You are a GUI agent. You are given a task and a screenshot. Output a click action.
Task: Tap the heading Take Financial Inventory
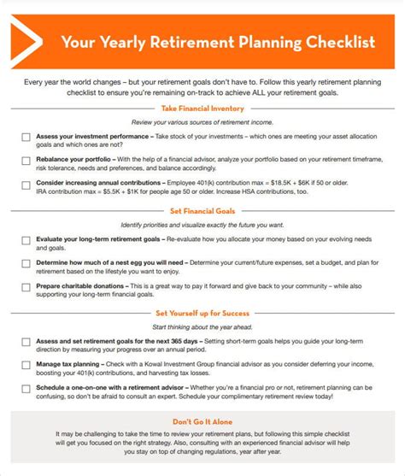click(202, 109)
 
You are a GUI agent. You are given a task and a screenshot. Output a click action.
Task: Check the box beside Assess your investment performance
click(26, 137)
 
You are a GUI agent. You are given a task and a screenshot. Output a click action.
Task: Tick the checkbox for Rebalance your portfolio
click(26, 160)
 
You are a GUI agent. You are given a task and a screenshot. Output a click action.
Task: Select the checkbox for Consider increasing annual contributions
click(26, 184)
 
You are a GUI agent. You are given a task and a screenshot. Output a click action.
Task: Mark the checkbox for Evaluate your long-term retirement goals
click(26, 242)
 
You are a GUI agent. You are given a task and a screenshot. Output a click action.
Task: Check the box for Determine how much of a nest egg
click(26, 264)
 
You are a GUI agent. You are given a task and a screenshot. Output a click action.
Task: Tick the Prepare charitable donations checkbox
click(26, 287)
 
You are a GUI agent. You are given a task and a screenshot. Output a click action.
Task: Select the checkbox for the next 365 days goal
click(26, 343)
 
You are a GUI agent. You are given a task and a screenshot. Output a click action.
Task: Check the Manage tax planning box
click(26, 366)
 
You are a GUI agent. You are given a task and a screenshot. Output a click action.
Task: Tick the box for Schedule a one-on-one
click(26, 389)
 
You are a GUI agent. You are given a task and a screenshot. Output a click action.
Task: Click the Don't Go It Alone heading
click(202, 422)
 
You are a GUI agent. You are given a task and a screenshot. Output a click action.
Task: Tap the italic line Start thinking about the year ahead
click(202, 327)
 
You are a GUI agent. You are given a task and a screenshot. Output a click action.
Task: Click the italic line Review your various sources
click(202, 121)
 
